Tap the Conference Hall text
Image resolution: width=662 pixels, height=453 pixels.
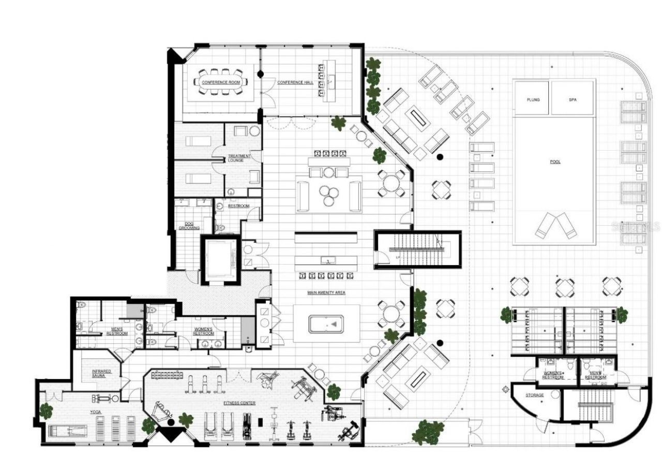295,82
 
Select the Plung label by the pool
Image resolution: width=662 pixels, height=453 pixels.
533,99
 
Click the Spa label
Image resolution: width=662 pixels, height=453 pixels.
573,99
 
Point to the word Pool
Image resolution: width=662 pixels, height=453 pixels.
555,162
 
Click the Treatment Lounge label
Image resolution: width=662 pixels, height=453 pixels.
239,158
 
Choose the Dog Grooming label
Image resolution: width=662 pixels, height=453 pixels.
186,226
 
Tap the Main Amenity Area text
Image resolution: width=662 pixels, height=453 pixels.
326,293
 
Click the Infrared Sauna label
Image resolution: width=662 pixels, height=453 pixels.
99,373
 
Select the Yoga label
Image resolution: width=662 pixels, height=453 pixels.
96,412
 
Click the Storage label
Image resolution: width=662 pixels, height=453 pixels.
535,395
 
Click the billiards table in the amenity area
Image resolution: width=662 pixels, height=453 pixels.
326,325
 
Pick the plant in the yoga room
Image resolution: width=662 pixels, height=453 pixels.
46,411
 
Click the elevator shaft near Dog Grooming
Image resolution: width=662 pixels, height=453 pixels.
221,259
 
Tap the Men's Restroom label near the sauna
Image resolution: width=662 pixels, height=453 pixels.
117,331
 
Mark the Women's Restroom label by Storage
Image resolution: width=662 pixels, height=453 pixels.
552,375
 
